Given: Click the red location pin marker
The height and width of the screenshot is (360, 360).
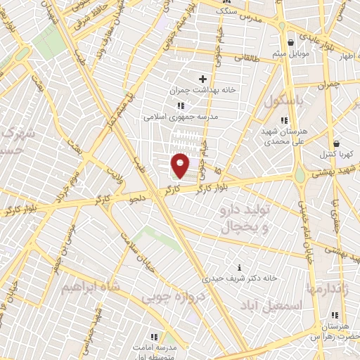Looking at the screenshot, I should click(x=181, y=165).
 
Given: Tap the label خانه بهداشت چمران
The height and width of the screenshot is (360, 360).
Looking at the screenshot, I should click(x=202, y=91).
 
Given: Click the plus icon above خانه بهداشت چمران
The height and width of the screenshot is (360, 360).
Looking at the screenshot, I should click(x=203, y=79).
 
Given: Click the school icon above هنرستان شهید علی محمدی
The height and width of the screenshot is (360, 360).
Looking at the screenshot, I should click(x=283, y=120).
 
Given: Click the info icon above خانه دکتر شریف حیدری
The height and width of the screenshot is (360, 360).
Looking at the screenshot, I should click(x=240, y=267).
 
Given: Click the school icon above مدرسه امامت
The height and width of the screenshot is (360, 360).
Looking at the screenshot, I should click(x=153, y=336).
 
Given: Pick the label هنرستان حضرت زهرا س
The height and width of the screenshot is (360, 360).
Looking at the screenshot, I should click(x=334, y=333).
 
